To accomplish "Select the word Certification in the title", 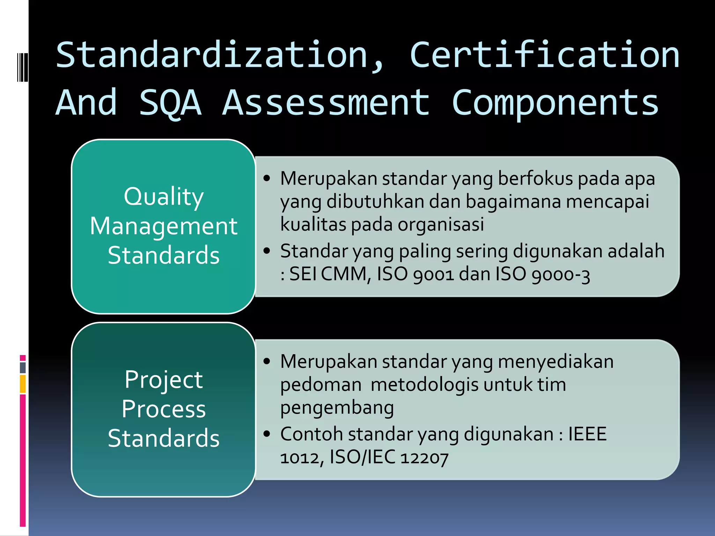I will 545,55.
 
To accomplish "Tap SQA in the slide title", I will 170,103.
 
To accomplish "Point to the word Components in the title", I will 555,103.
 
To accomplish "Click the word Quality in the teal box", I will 163,197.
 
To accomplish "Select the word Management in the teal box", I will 163,226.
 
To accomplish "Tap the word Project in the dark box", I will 163,380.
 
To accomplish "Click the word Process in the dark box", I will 163,409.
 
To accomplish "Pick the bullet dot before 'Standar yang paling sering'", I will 267,251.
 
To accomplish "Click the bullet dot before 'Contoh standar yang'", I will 267,434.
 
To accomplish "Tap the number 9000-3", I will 561,275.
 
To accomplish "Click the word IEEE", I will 587,434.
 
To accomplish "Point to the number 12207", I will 424,457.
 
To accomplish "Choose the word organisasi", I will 441,224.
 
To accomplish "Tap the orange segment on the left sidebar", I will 23,384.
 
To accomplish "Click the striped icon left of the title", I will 22,67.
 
